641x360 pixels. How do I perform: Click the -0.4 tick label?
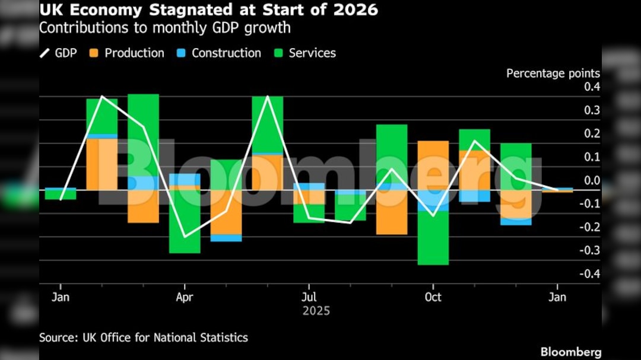click(590, 273)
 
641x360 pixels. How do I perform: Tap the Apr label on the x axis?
click(185, 297)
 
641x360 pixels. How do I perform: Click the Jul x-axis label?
click(308, 297)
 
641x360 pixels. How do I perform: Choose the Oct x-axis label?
click(433, 297)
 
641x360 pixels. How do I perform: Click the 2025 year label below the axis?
click(316, 311)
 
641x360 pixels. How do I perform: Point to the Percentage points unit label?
click(553, 74)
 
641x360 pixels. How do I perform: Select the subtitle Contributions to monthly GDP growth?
click(165, 27)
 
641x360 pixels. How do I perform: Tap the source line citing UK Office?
click(144, 337)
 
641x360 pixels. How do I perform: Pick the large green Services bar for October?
click(433, 237)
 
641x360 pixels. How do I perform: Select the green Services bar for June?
click(267, 125)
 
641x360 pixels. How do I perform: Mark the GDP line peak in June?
click(268, 97)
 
